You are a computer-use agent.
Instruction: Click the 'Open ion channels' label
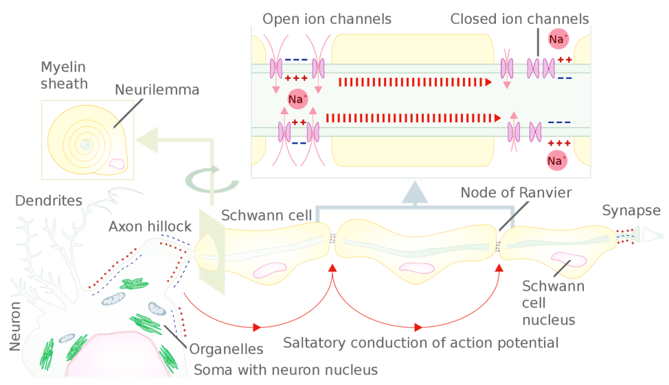[327, 19]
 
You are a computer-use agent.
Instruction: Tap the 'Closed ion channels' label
[520, 19]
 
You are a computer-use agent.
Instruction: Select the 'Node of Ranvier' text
[516, 192]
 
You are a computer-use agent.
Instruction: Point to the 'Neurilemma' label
[157, 90]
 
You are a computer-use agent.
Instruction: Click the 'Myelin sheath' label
[64, 75]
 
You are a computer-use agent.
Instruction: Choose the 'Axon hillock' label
[150, 226]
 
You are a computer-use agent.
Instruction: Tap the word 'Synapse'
[631, 211]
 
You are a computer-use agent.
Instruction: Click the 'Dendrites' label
[49, 201]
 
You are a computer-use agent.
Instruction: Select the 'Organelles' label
[226, 349]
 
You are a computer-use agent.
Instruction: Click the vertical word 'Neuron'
[15, 327]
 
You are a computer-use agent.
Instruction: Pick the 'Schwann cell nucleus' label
[554, 303]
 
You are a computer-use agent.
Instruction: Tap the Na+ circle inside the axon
[297, 100]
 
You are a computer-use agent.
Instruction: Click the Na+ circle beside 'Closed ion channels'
[558, 39]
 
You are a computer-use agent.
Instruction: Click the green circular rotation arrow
[212, 180]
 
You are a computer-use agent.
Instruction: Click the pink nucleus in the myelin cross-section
[117, 164]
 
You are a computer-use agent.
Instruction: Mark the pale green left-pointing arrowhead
[147, 140]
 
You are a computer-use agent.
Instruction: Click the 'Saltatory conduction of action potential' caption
[420, 343]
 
